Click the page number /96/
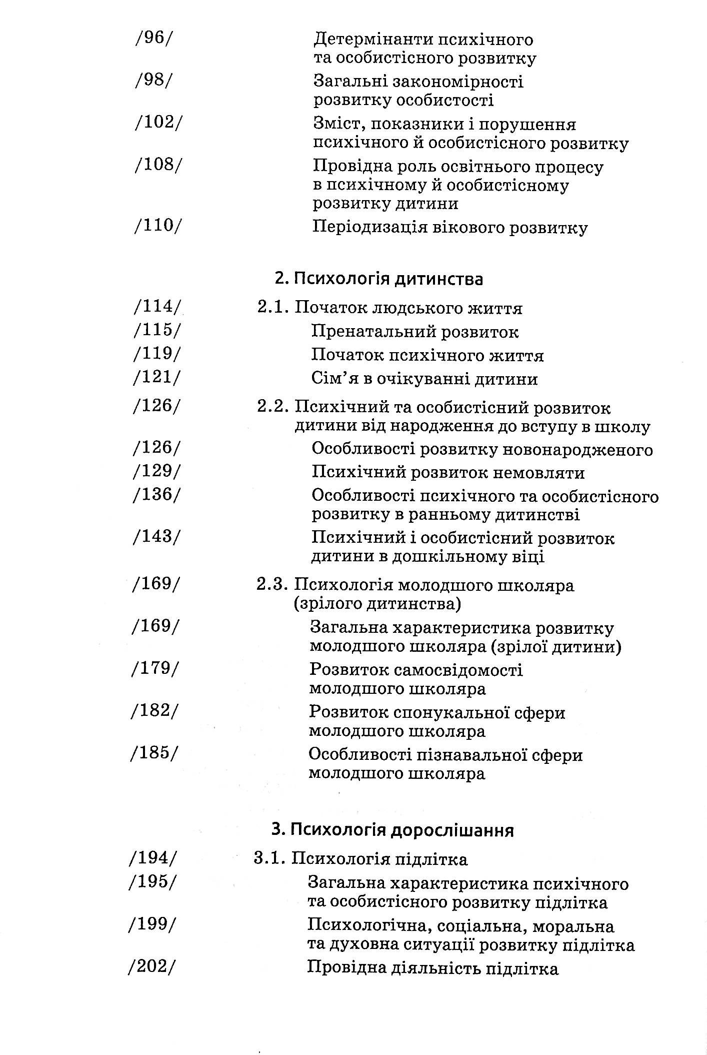pyautogui.click(x=152, y=39)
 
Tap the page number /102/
pyautogui.click(x=157, y=123)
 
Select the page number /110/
pyautogui.click(x=157, y=226)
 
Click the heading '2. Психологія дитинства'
pyautogui.click(x=378, y=279)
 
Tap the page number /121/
pyautogui.click(x=156, y=378)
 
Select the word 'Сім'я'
pyautogui.click(x=330, y=378)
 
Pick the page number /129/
pyautogui.click(x=156, y=471)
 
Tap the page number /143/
pyautogui.click(x=156, y=537)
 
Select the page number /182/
pyautogui.click(x=154, y=711)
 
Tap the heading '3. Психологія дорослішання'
pyautogui.click(x=392, y=830)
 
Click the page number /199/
pyautogui.click(x=153, y=925)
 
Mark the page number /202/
pyautogui.click(x=153, y=967)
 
